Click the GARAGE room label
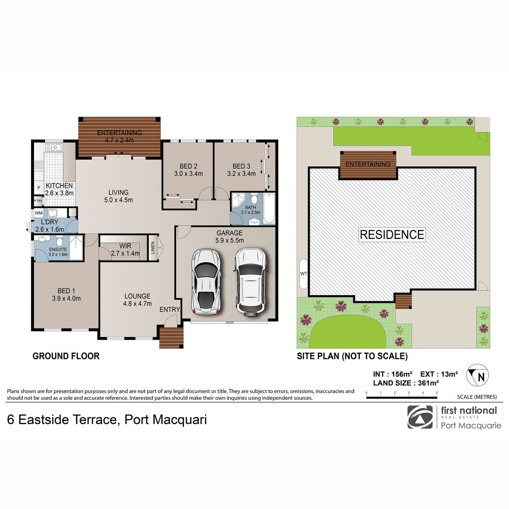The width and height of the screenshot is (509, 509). [229, 233]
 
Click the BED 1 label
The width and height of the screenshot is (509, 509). [66, 291]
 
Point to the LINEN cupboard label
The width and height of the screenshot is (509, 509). [152, 248]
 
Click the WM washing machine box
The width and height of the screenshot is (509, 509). [39, 213]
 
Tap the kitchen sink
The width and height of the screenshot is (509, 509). [54, 147]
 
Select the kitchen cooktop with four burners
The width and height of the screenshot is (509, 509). [39, 165]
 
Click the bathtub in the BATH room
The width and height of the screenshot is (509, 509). [269, 208]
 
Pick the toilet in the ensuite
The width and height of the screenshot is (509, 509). [59, 241]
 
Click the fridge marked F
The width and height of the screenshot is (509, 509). [39, 188]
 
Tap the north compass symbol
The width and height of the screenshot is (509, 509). [477, 375]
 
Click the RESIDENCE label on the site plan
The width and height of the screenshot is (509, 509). [392, 235]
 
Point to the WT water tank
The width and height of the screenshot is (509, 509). [304, 274]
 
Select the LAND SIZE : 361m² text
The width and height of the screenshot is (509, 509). [406, 383]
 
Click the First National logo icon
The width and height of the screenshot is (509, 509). [420, 417]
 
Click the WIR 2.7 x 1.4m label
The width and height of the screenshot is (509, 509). [125, 249]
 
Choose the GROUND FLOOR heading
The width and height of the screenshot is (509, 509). [66, 356]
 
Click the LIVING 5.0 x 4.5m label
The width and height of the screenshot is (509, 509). [118, 196]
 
